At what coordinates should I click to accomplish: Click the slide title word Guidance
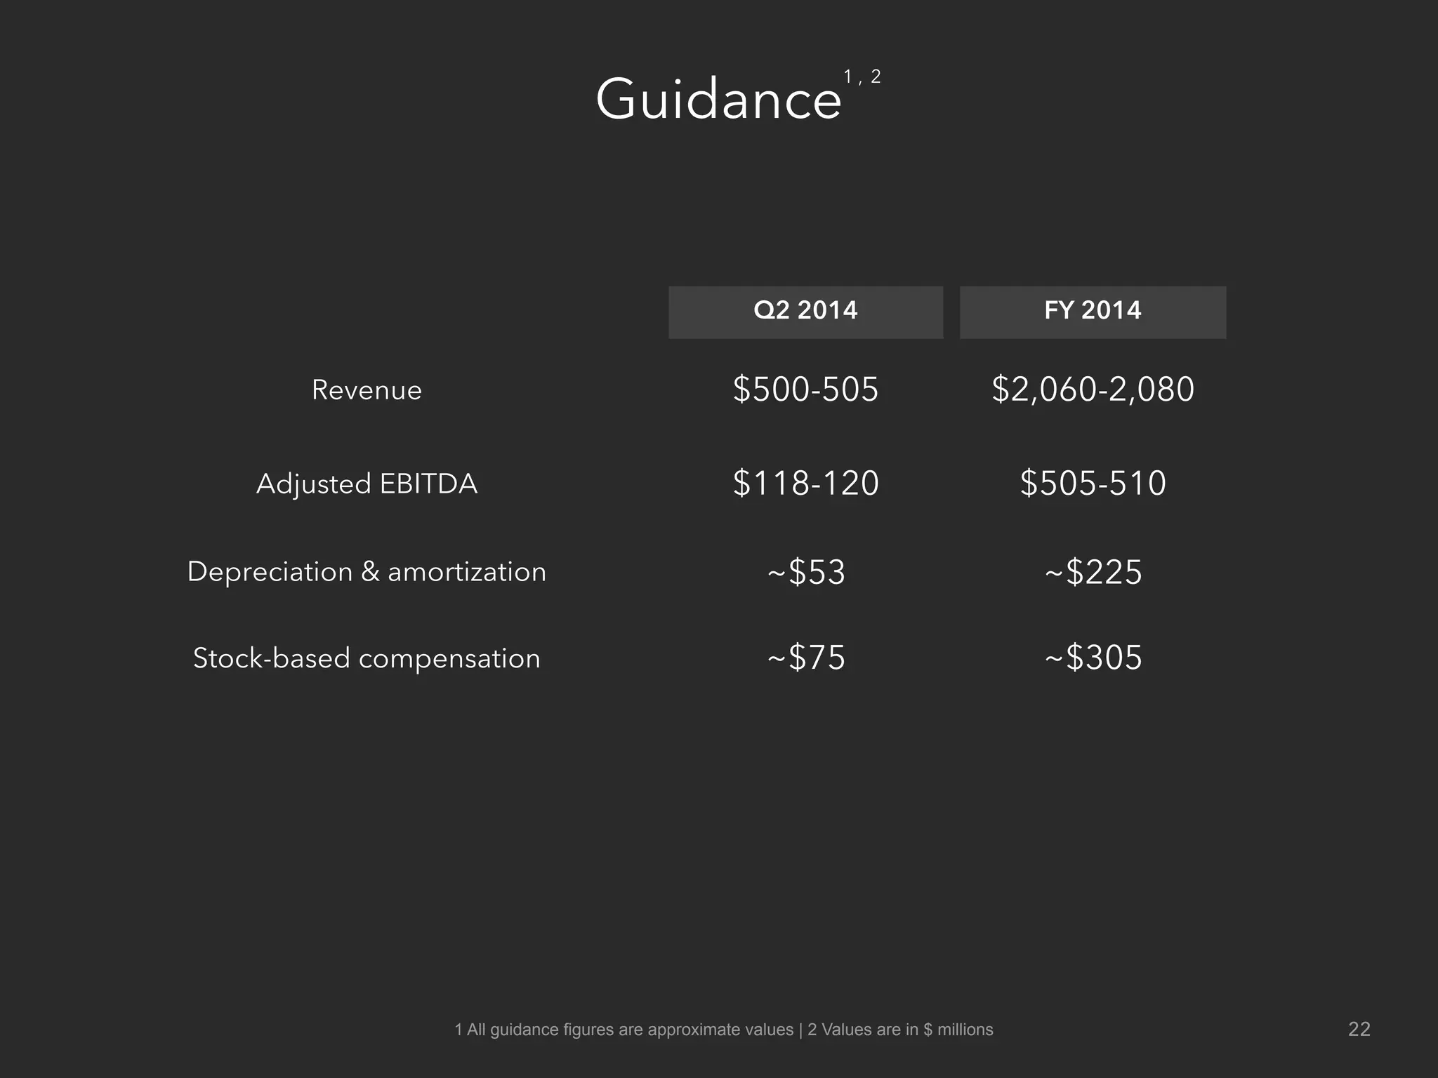tap(718, 100)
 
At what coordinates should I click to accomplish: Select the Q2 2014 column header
tap(805, 310)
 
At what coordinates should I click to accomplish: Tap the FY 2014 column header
tap(1093, 310)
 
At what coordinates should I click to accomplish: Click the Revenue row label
tap(367, 390)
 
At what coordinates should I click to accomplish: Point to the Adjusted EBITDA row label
tap(367, 484)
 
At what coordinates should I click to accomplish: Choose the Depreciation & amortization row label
tap(367, 572)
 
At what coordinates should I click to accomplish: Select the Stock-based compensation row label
tap(367, 658)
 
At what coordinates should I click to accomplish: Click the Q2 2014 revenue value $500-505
tap(805, 390)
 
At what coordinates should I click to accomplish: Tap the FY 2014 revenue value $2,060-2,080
tap(1093, 390)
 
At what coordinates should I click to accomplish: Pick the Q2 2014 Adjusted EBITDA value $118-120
tap(805, 484)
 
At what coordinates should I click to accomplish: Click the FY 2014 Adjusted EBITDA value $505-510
tap(1093, 484)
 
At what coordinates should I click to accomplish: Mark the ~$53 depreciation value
tap(806, 572)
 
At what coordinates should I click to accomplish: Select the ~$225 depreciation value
tap(1093, 572)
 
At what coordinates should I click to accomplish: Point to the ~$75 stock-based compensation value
tap(806, 658)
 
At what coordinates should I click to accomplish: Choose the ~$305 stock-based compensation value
tap(1093, 658)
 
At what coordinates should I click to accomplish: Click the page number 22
tap(1359, 1029)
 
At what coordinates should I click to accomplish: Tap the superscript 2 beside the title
tap(876, 76)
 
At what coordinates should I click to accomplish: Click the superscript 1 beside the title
tap(847, 76)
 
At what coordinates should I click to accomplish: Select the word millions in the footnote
tap(965, 1030)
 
